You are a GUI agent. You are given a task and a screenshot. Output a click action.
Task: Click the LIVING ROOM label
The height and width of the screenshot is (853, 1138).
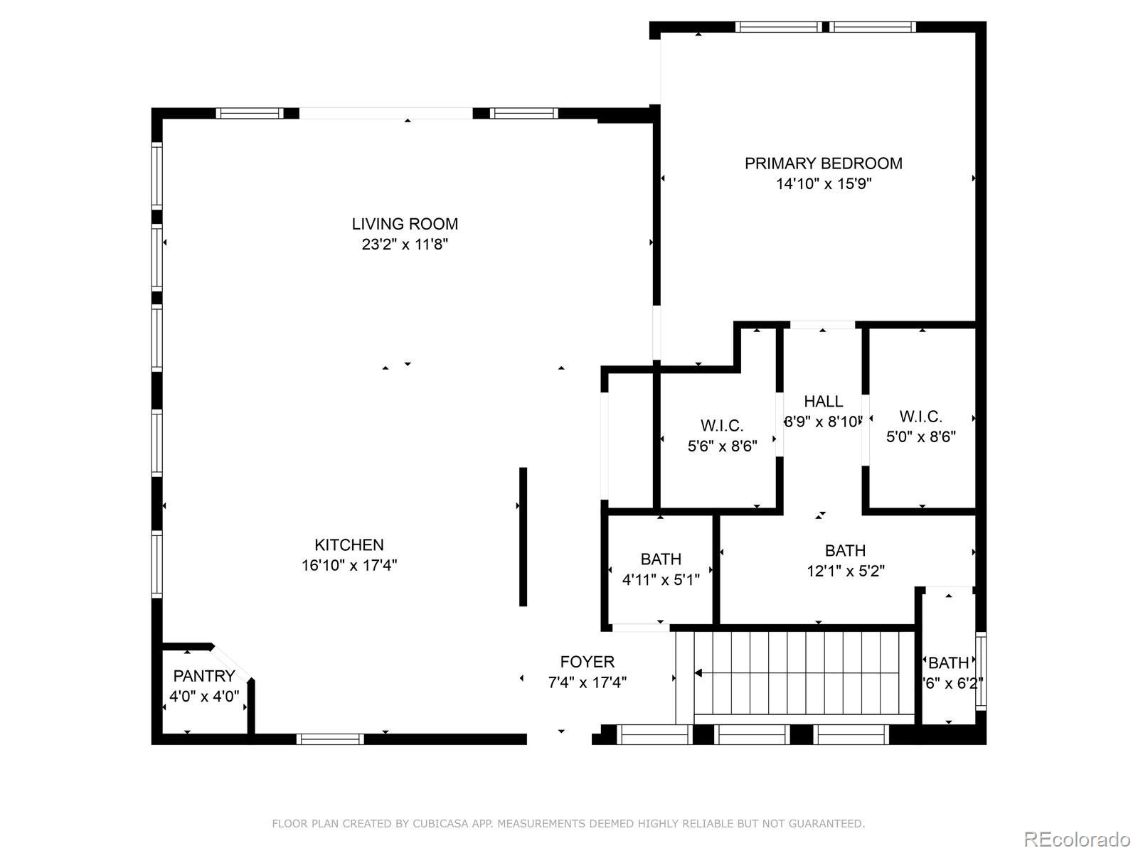pos(405,224)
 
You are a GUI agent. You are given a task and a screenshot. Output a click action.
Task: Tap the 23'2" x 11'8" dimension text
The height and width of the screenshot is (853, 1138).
pos(405,245)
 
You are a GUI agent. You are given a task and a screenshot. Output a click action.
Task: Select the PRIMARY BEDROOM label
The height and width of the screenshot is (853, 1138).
pos(823,163)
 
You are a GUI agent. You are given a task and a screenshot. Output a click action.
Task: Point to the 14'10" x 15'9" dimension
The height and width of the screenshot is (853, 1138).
pos(824,184)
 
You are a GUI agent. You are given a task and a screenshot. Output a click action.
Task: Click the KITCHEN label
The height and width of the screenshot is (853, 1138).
pos(349,545)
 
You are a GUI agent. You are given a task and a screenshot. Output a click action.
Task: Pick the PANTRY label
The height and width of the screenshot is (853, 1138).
pos(204,676)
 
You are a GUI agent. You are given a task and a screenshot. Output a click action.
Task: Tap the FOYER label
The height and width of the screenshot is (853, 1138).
pos(587,662)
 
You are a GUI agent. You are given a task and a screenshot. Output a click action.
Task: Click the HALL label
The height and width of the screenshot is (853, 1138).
pos(824,402)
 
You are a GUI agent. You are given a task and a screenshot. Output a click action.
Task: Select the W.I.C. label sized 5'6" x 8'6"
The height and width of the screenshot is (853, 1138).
pos(722,426)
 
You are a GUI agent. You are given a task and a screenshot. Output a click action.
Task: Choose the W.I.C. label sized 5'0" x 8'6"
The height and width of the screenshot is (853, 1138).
pos(920,417)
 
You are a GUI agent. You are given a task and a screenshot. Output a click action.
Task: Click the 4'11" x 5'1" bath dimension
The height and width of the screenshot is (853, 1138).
pos(661,579)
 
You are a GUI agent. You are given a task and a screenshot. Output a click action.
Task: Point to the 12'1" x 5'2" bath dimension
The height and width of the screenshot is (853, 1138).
pos(845,571)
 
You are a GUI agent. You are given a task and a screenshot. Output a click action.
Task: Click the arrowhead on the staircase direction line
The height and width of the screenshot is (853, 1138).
pos(698,672)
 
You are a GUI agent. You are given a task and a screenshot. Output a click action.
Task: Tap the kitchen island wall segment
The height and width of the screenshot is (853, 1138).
pos(523,537)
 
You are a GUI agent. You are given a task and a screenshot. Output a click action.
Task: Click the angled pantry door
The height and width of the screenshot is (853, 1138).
pos(232,662)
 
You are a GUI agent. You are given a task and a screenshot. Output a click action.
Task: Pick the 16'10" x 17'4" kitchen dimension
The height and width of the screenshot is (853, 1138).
pos(349,566)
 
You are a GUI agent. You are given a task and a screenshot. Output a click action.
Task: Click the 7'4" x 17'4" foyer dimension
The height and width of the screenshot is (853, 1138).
pos(587,683)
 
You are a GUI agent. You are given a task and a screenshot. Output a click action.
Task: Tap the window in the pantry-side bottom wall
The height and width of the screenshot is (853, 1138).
pos(330,739)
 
